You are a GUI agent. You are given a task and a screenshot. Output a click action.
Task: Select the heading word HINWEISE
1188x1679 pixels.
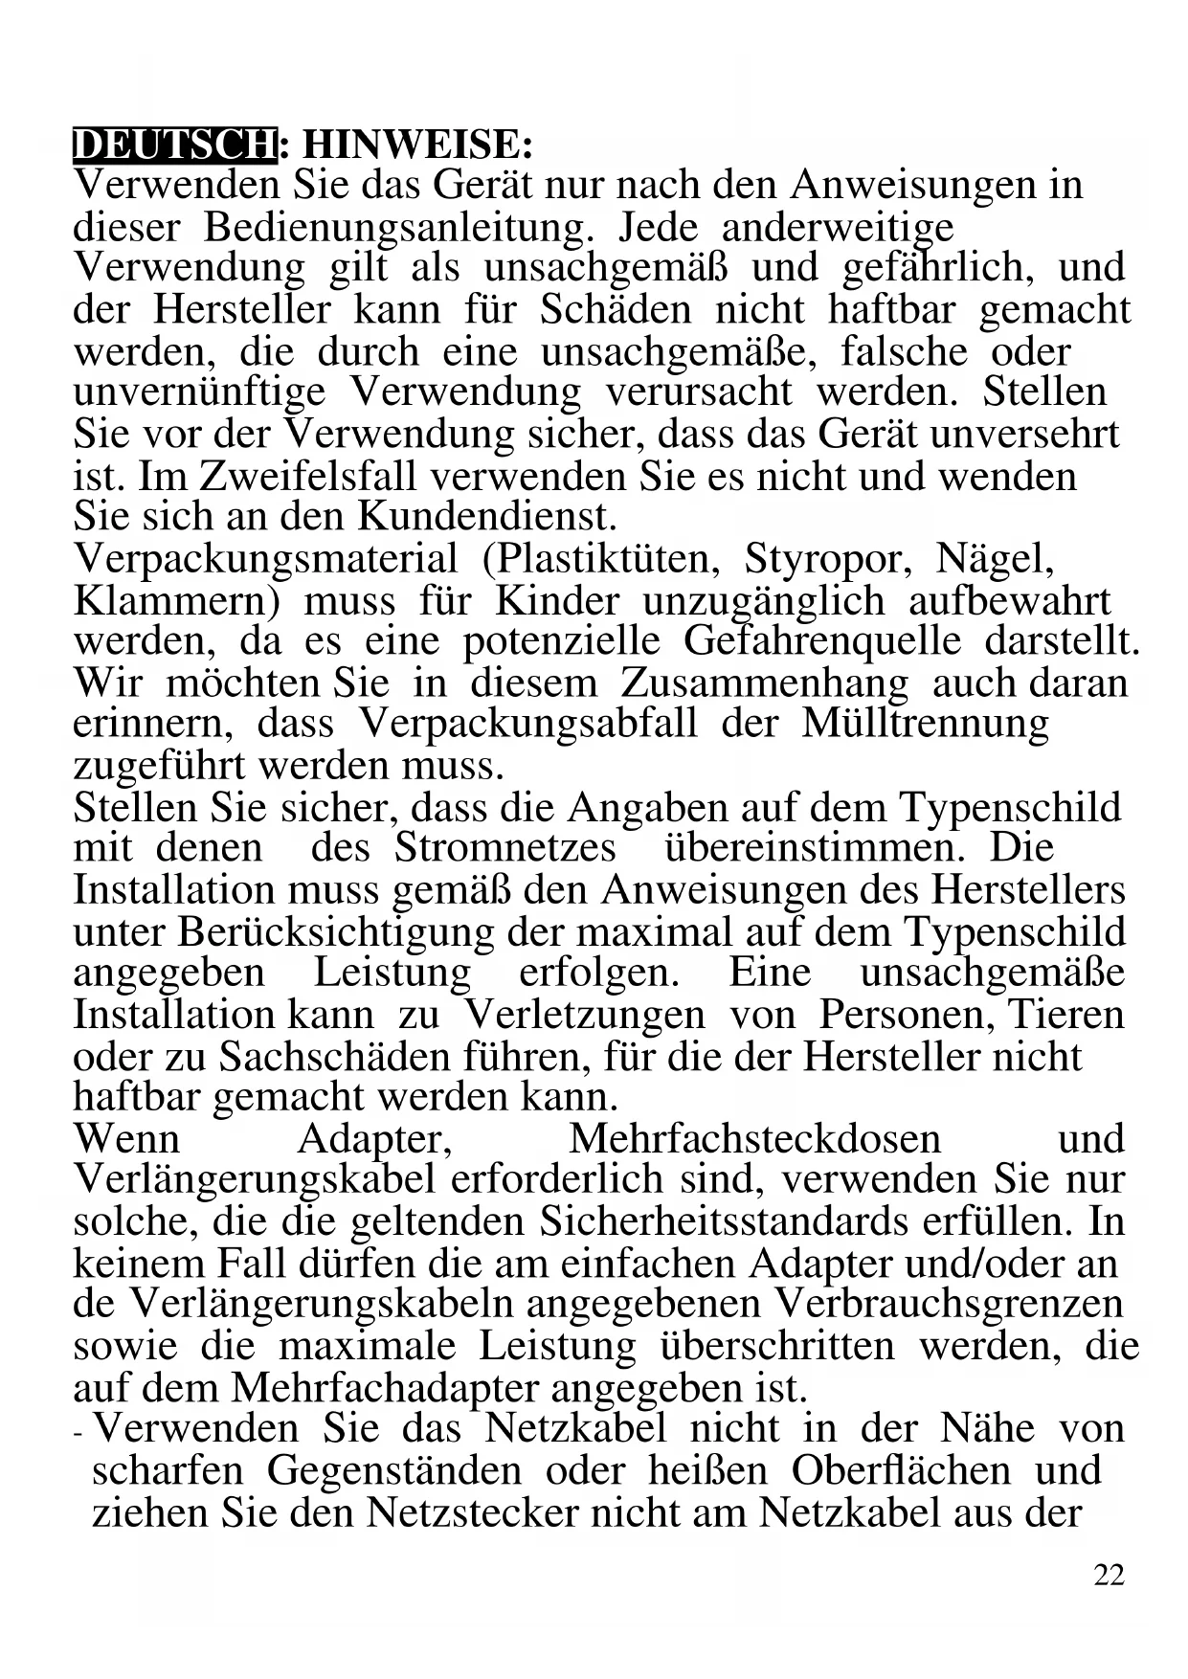click(x=416, y=145)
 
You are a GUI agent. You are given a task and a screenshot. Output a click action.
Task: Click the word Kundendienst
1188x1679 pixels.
click(x=487, y=517)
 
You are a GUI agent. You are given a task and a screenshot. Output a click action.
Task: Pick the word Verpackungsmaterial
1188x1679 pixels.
click(x=265, y=558)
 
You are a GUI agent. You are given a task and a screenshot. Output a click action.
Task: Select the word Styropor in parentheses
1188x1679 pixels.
click(x=828, y=558)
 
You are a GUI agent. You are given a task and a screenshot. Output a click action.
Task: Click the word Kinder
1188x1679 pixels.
click(x=557, y=600)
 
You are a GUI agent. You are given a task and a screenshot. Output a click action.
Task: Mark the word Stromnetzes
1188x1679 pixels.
click(x=505, y=848)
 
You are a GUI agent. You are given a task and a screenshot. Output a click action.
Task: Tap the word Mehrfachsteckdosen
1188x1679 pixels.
click(x=754, y=1139)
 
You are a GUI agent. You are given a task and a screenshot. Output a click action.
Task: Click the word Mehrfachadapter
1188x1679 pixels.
click(x=386, y=1387)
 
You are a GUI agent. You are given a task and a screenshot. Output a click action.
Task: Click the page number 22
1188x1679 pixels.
click(x=1109, y=1575)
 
